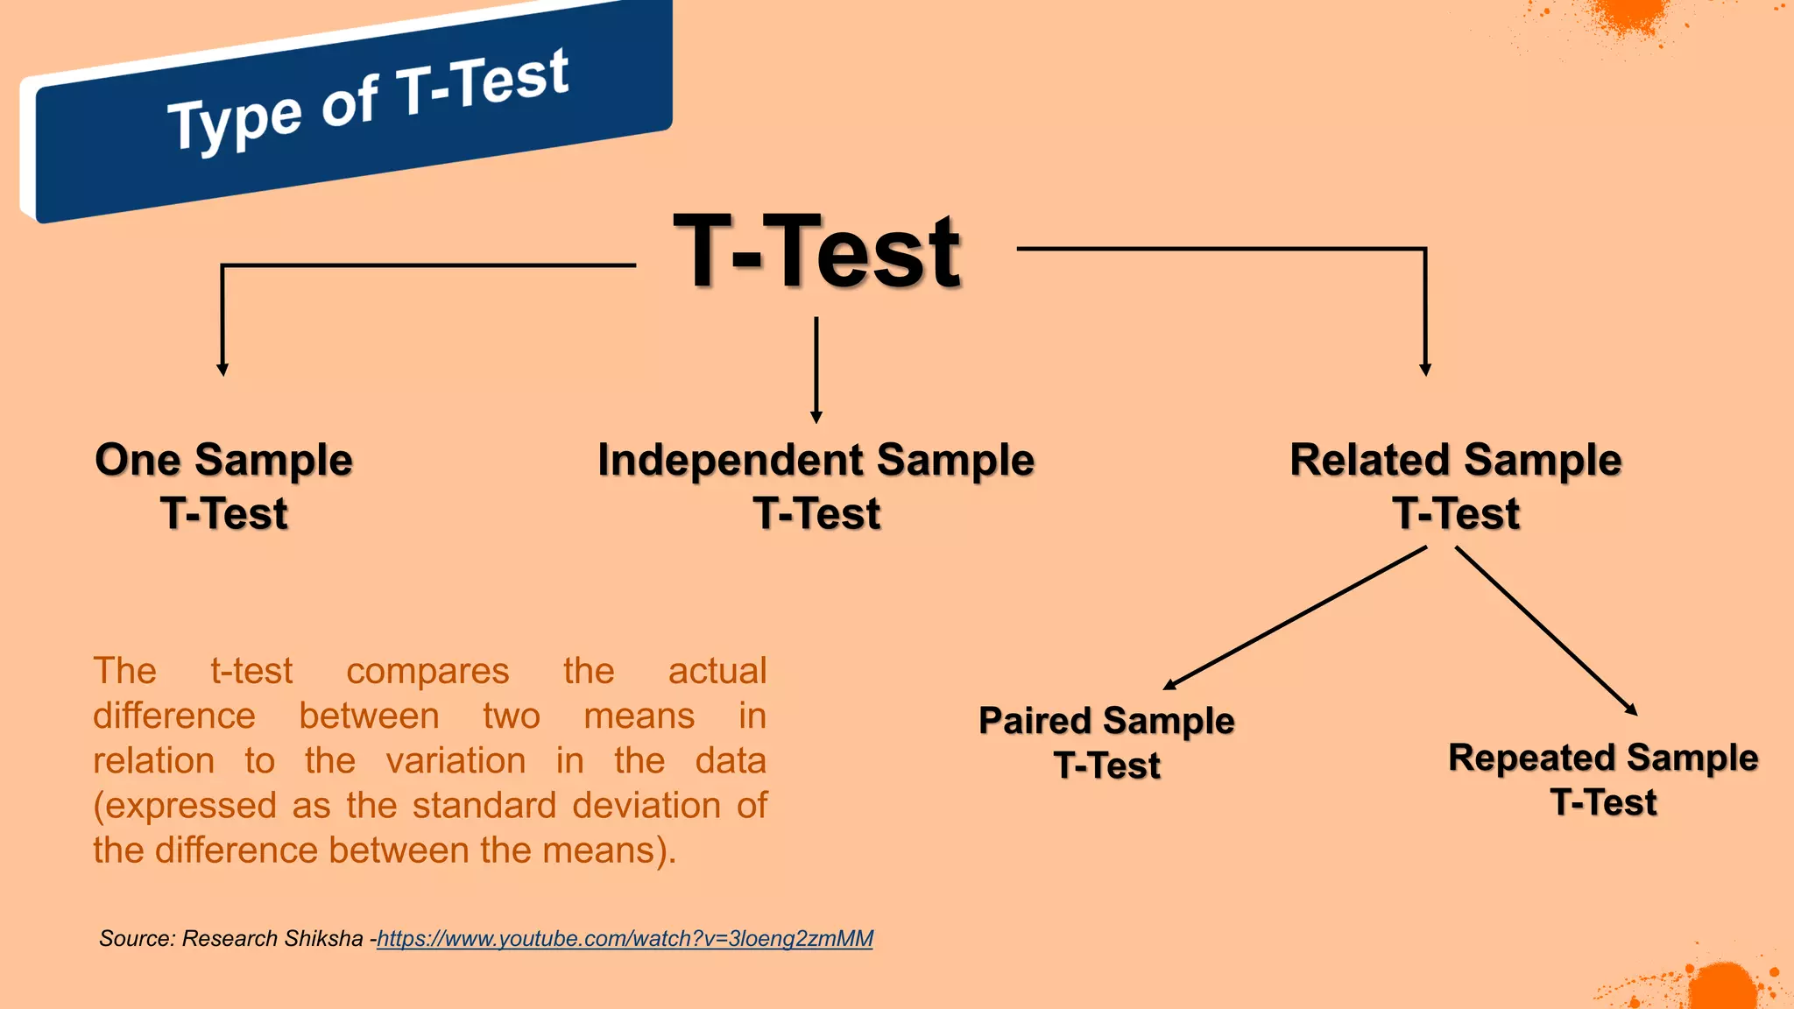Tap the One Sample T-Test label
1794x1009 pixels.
coord(224,486)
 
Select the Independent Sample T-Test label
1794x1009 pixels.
coord(816,486)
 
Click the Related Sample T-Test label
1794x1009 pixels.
coord(1456,486)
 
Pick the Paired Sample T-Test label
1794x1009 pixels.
coord(1106,743)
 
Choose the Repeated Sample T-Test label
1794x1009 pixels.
coord(1603,780)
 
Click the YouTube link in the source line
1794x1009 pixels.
coord(625,939)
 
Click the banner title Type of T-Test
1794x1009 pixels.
coord(368,101)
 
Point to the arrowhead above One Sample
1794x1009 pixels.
coord(222,370)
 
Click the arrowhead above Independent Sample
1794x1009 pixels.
coord(816,418)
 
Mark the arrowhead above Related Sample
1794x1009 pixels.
coord(1425,370)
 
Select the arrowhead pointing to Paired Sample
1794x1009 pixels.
coord(1169,685)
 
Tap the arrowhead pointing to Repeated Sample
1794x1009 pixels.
coord(1632,710)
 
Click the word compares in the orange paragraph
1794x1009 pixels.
coord(427,672)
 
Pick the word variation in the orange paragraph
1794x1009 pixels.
coord(456,761)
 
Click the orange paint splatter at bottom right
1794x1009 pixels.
coord(1721,985)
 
